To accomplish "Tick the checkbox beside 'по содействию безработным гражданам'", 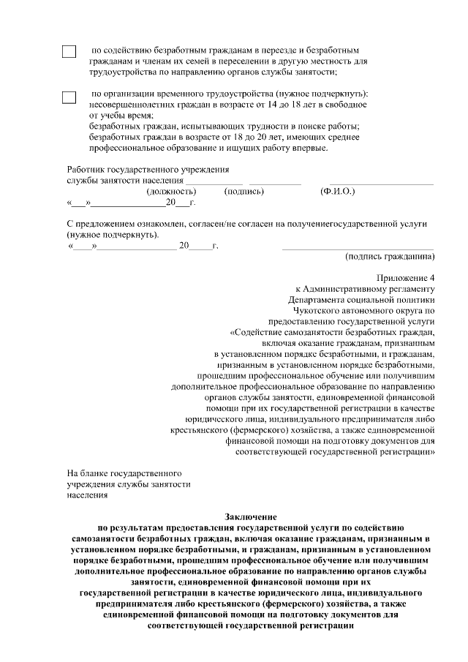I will click(69, 53).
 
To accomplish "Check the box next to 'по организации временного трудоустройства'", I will click(69, 97).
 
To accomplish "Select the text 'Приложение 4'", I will click(406, 278).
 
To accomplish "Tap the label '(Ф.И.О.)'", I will click(337, 192).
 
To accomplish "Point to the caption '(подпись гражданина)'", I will click(390, 257).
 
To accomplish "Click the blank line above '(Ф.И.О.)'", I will click(380, 183).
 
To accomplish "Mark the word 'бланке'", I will click(97, 473).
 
